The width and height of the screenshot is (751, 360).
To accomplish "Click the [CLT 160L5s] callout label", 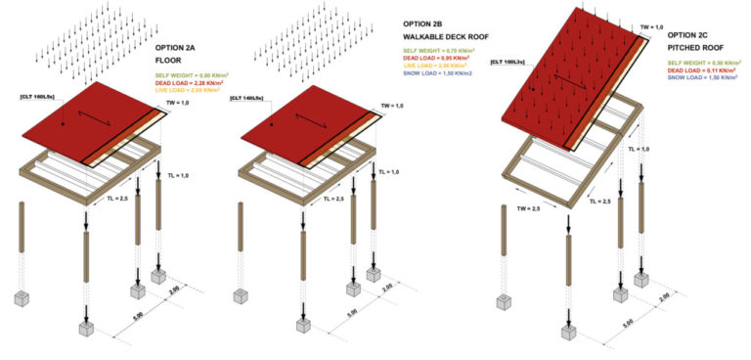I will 40,96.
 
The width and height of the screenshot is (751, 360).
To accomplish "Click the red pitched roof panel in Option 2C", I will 567,73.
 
